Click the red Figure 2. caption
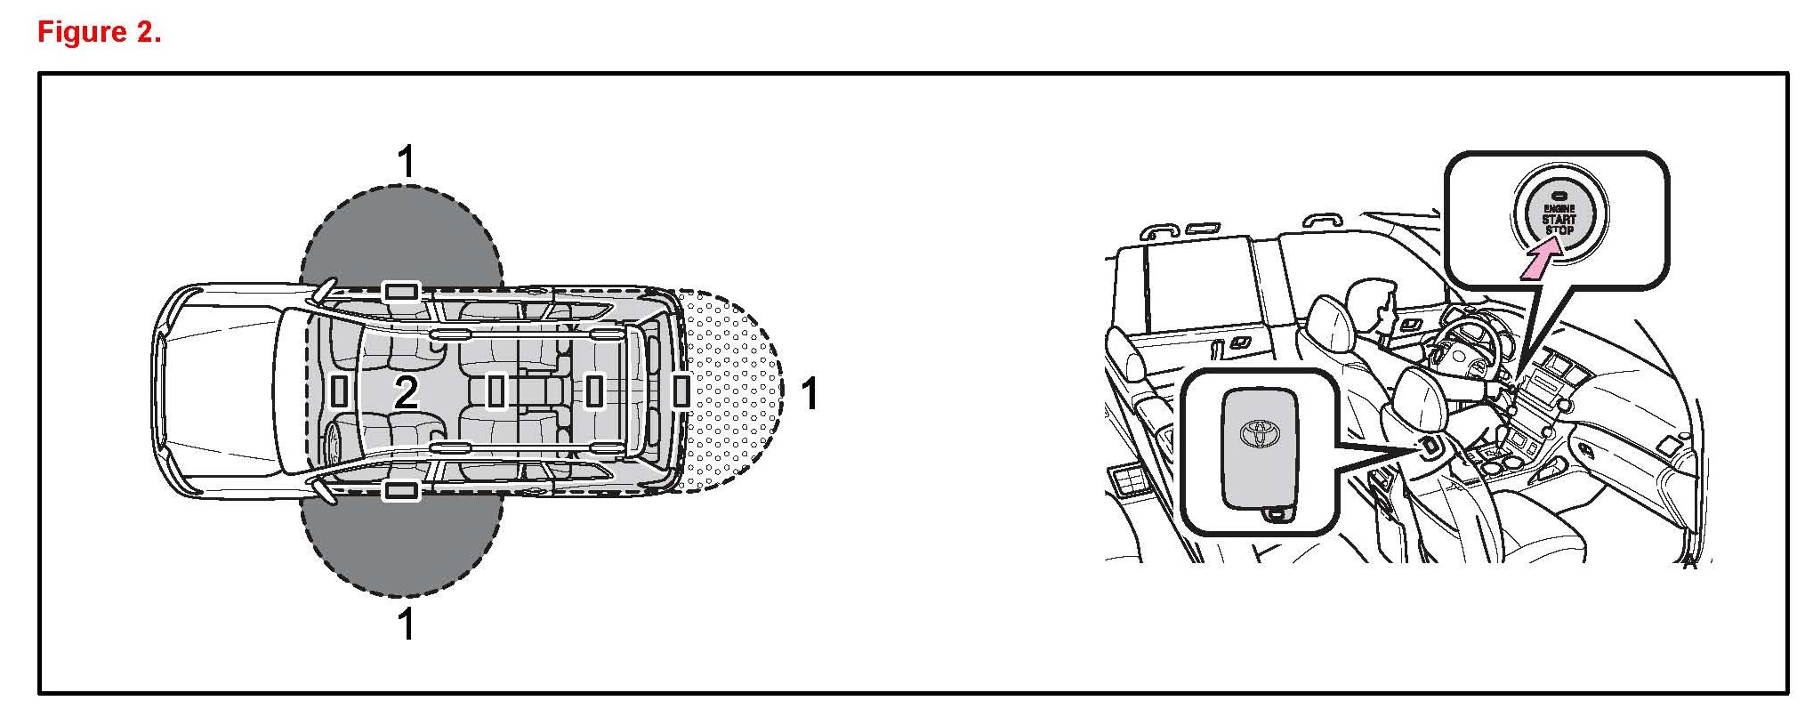pos(99,33)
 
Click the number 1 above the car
pos(406,162)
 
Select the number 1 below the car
pos(406,624)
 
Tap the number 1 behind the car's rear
pos(809,394)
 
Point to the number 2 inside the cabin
pos(406,392)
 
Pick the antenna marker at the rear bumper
pos(681,391)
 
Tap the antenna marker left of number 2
pos(338,391)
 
